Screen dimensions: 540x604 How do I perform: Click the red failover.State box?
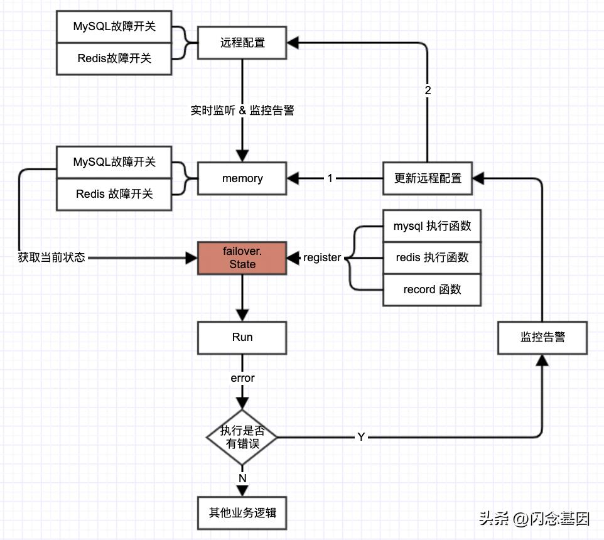click(x=242, y=257)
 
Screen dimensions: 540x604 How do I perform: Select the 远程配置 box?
click(x=242, y=43)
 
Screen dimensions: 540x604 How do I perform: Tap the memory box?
click(x=242, y=178)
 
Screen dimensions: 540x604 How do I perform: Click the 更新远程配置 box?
click(x=428, y=178)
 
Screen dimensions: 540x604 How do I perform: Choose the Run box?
click(x=242, y=337)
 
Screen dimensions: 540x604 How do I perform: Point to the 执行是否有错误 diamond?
click(x=242, y=437)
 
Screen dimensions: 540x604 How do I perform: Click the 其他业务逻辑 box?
click(x=242, y=512)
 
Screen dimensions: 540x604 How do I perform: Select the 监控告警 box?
click(x=542, y=337)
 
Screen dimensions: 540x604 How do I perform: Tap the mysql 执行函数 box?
click(x=432, y=226)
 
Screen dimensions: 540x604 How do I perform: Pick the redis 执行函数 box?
click(x=432, y=257)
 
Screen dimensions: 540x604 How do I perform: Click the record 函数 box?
click(x=432, y=289)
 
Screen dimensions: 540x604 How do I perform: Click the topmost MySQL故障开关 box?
click(x=114, y=27)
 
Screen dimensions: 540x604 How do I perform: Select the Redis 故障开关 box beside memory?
click(x=114, y=194)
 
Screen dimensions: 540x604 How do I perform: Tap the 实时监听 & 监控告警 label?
click(x=242, y=111)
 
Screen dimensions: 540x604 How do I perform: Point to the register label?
click(x=322, y=257)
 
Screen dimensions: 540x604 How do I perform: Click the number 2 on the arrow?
click(x=428, y=90)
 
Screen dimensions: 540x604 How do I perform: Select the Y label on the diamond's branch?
click(x=361, y=437)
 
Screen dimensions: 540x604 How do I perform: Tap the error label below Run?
click(x=242, y=378)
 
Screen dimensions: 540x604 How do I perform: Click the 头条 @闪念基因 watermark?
click(x=534, y=519)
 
